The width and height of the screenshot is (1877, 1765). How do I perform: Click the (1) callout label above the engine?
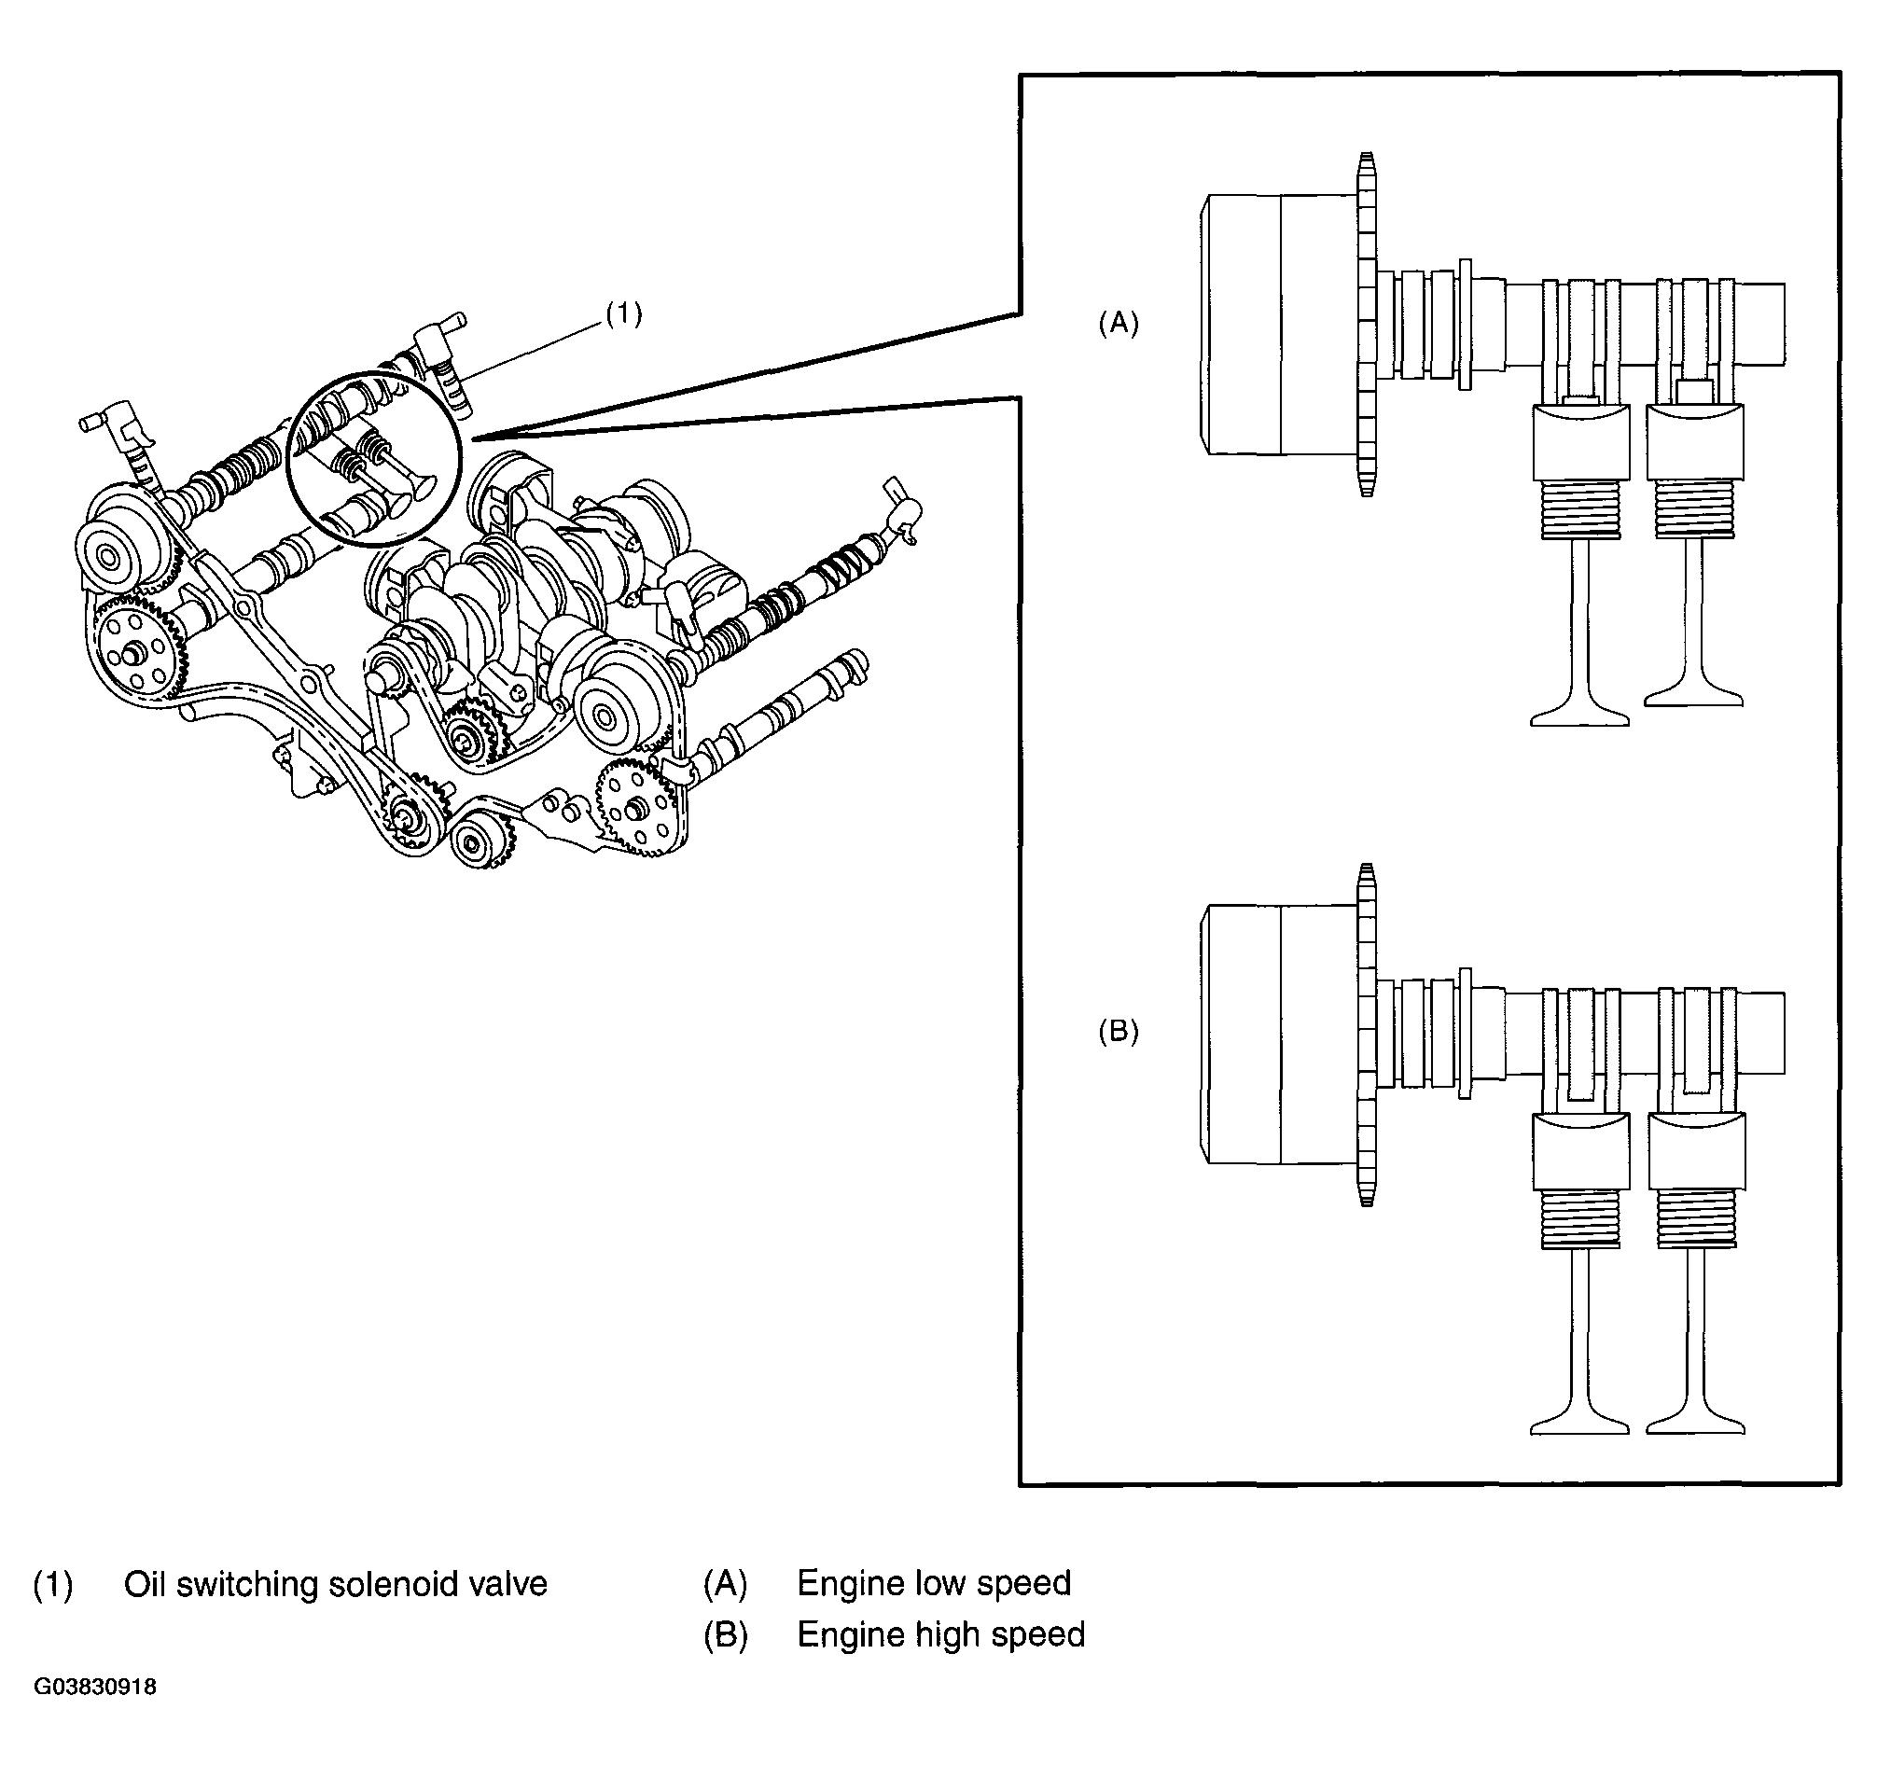coord(624,313)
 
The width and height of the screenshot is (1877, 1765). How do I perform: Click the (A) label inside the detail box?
coord(1118,323)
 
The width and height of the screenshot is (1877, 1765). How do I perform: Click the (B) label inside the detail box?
coord(1118,1031)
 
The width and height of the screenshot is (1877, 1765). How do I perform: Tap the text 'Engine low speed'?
coord(934,1584)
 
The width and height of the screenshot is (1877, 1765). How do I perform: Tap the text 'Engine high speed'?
coord(941,1634)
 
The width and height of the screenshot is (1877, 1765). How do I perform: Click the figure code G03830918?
coord(95,1687)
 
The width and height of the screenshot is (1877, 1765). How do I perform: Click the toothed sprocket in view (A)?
coord(1365,324)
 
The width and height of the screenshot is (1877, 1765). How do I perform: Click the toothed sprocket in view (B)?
coord(1365,1035)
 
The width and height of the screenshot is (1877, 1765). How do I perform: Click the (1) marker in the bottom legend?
coord(53,1585)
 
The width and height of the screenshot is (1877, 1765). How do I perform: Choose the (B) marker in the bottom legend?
coord(725,1635)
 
